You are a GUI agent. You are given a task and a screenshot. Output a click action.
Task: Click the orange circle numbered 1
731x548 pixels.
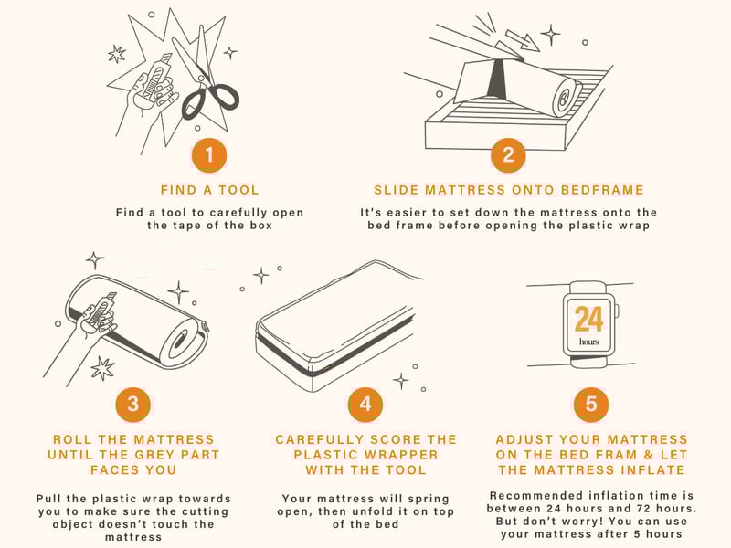(209, 155)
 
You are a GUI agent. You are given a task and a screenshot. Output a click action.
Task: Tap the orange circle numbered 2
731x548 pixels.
(508, 155)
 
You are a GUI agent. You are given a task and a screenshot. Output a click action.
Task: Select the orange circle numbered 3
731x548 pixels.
(132, 404)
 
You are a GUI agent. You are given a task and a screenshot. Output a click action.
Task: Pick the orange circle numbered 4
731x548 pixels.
(365, 404)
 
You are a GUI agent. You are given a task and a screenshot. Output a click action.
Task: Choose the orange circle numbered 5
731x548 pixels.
(590, 404)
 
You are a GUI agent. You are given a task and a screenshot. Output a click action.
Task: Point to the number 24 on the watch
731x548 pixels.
(588, 319)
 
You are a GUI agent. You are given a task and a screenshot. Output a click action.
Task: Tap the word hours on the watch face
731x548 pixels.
(588, 342)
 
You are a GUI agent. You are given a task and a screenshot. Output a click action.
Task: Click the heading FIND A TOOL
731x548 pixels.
(209, 190)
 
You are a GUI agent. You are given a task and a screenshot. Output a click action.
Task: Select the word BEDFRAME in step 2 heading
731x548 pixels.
(602, 190)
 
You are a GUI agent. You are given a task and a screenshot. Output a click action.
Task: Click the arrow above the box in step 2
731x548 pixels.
(523, 40)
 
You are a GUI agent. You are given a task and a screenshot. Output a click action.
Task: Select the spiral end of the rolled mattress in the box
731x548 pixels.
(565, 99)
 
